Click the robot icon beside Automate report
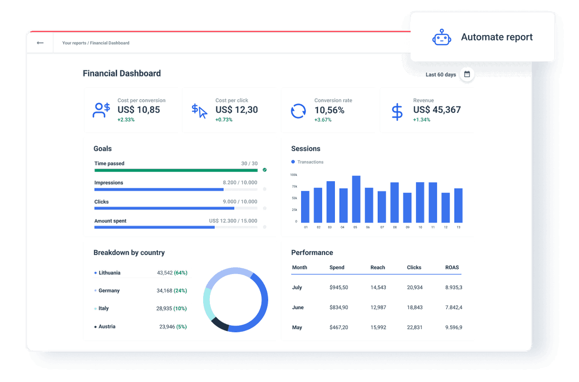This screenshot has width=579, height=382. click(441, 38)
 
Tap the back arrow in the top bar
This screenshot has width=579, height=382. click(40, 43)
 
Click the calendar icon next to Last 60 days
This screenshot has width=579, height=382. click(467, 75)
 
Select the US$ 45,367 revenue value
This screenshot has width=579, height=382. click(437, 110)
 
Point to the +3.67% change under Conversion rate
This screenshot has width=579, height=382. click(323, 120)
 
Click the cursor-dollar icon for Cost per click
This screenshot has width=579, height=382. click(199, 111)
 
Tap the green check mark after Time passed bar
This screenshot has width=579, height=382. click(264, 170)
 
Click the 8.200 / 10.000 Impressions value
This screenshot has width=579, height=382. click(240, 183)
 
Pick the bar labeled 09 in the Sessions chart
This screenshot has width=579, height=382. click(407, 207)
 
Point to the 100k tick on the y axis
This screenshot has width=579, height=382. click(293, 175)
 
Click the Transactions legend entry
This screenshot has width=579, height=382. click(310, 162)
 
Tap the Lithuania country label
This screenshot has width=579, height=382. click(110, 273)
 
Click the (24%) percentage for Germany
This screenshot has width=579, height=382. click(180, 291)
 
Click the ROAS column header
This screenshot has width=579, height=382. click(452, 268)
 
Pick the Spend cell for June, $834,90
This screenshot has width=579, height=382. click(339, 308)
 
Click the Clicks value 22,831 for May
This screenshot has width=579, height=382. click(414, 328)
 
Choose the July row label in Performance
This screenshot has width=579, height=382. click(297, 288)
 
